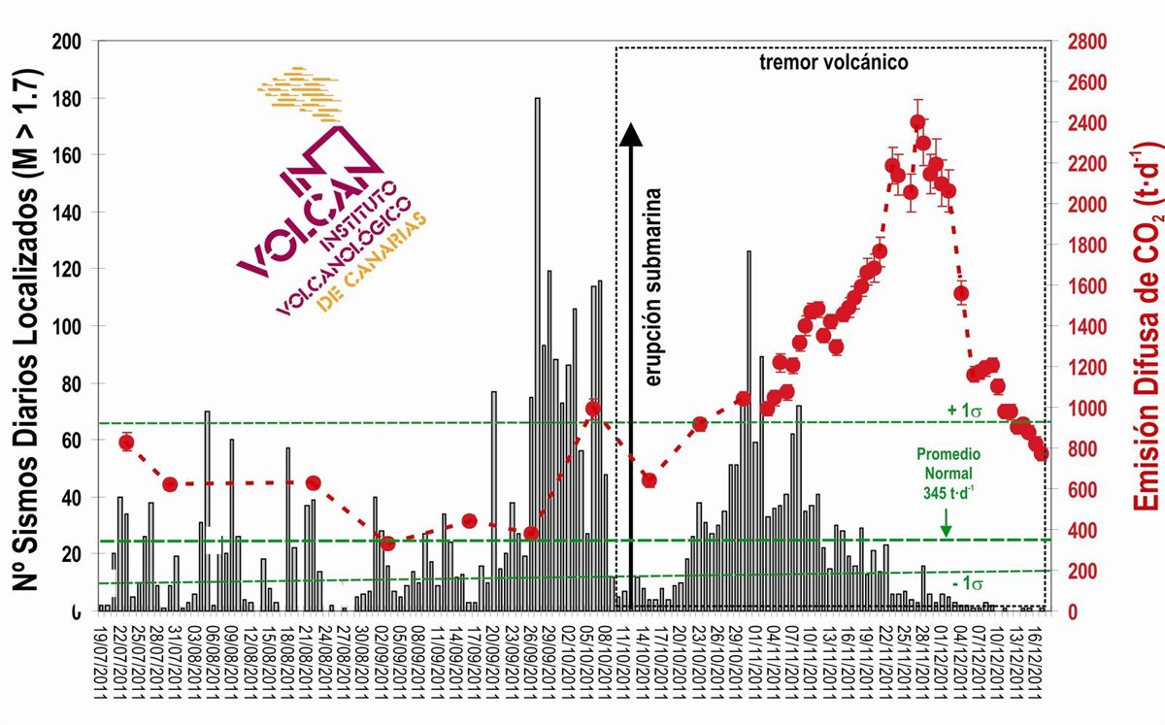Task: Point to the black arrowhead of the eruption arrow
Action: (x=631, y=134)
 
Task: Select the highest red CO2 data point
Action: (x=917, y=123)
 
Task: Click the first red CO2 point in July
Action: (x=126, y=443)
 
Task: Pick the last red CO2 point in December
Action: (x=1042, y=453)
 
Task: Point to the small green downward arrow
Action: (x=946, y=527)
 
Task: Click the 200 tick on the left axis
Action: (x=68, y=42)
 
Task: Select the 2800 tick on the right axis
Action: (x=1085, y=42)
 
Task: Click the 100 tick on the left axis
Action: (x=68, y=326)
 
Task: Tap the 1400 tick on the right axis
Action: (x=1085, y=326)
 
